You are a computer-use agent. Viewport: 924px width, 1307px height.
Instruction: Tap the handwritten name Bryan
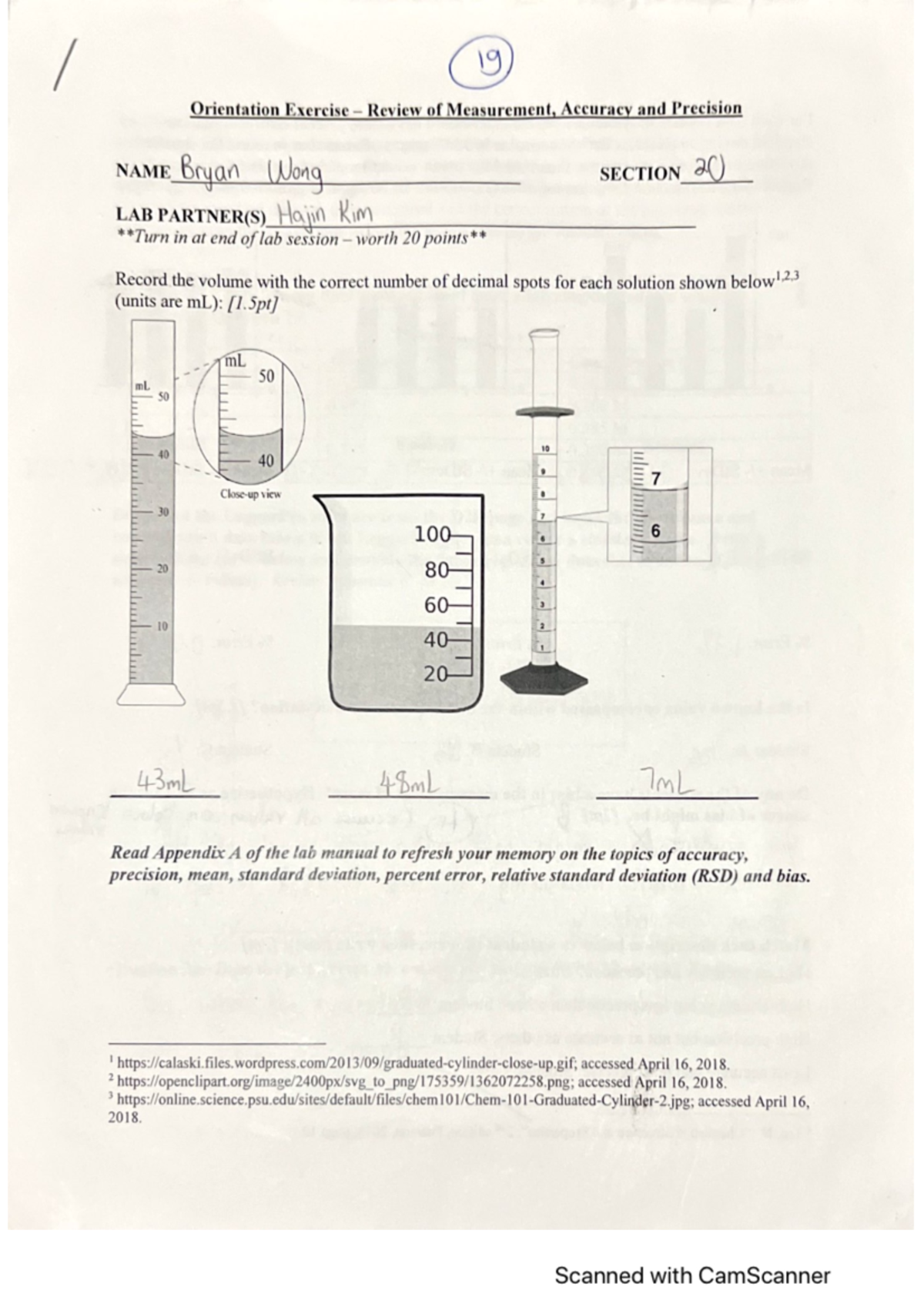pos(209,171)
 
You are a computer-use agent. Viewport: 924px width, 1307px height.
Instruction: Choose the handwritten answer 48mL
pos(408,784)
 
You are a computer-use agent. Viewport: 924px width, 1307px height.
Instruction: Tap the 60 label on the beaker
pos(436,605)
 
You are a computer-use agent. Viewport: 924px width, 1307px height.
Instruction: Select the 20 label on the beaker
pos(436,674)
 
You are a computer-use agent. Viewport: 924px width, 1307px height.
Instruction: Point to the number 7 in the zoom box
pos(655,479)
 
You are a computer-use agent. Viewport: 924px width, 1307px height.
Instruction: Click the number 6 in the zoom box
pos(655,531)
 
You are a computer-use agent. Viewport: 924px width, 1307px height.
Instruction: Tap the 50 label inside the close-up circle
pos(266,376)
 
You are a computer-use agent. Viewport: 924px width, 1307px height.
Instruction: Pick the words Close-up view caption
pos(250,494)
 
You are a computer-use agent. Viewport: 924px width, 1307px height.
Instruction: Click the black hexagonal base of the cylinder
pos(544,679)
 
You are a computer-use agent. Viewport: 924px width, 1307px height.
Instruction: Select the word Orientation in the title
pos(234,109)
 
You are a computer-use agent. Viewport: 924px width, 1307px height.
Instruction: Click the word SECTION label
pos(639,174)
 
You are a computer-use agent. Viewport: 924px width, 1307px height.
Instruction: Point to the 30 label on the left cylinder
pos(162,511)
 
